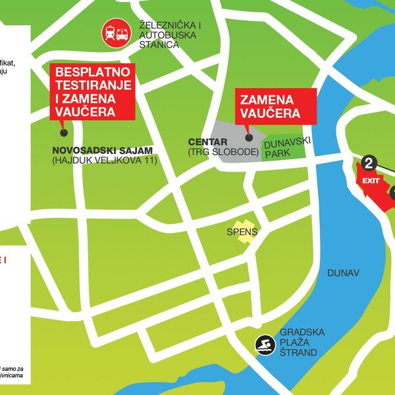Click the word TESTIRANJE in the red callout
point(93,85)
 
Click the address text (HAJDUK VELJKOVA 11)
point(103,159)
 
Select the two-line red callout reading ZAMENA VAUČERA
point(276,106)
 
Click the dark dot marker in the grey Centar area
point(249,137)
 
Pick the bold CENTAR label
point(207,142)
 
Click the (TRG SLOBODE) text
point(223,153)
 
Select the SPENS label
point(242,232)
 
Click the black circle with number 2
point(369,163)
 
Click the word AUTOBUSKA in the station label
point(164,35)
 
